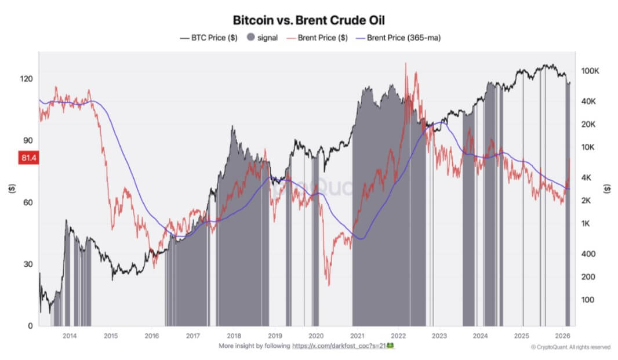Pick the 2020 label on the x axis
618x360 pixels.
(x=315, y=336)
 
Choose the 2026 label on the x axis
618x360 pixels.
(x=562, y=336)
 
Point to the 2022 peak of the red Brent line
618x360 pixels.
(x=406, y=63)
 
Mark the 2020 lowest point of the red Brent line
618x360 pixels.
(x=329, y=285)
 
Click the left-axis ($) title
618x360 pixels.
(x=12, y=188)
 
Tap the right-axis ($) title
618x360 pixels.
(x=606, y=188)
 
